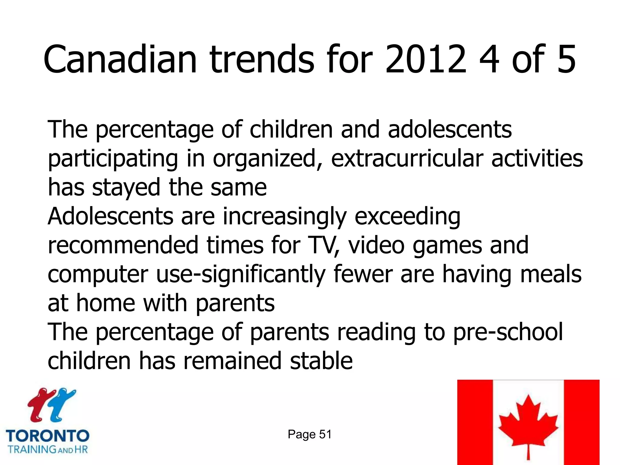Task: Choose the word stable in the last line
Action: pyautogui.click(x=321, y=361)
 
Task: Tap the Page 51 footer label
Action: pyautogui.click(x=309, y=434)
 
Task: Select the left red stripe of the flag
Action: pyautogui.click(x=475, y=422)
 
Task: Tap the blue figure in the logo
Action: pyautogui.click(x=62, y=404)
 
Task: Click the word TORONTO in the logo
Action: pyautogui.click(x=48, y=436)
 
